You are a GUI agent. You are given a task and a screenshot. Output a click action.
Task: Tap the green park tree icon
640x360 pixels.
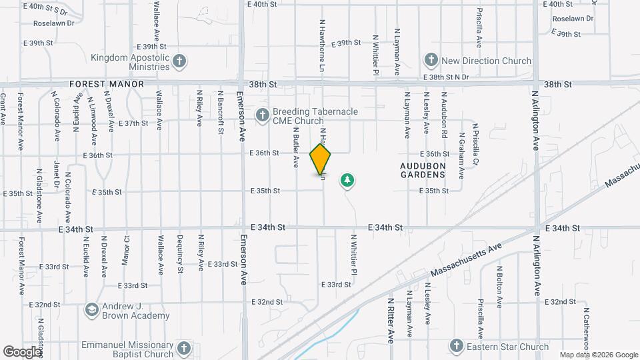(347, 179)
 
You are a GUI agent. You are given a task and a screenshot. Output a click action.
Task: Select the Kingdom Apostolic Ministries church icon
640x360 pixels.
(179, 62)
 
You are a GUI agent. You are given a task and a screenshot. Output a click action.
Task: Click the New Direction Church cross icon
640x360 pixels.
(431, 61)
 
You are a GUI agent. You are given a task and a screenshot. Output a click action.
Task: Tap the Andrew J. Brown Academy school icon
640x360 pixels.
(91, 310)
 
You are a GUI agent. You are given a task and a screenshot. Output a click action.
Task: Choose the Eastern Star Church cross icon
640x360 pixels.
(456, 346)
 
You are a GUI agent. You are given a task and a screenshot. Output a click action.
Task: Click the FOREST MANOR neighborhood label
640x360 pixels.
(107, 85)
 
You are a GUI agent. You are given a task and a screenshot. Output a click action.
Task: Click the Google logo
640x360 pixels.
(22, 351)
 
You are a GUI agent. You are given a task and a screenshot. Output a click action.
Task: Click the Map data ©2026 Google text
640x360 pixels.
(598, 355)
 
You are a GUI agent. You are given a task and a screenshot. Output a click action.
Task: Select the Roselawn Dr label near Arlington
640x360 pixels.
(573, 19)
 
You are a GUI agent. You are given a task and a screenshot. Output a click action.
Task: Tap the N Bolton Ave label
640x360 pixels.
(499, 286)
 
